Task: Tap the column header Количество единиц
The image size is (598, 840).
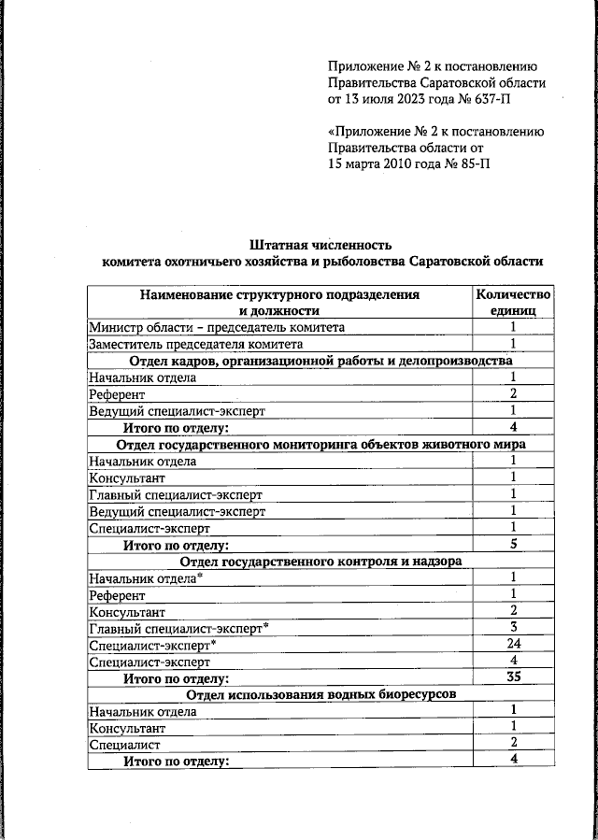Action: [513, 303]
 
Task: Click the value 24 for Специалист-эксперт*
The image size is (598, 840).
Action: [513, 645]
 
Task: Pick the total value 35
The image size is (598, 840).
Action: [513, 678]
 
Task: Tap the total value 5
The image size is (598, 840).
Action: [513, 544]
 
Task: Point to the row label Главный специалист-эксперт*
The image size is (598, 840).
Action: [178, 628]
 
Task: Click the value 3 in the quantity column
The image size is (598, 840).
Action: [513, 628]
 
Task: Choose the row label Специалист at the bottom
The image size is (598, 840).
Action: [124, 745]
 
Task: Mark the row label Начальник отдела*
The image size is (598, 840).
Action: [146, 577]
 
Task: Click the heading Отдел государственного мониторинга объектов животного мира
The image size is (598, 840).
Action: [320, 444]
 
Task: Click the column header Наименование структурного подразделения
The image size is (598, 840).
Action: [279, 294]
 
